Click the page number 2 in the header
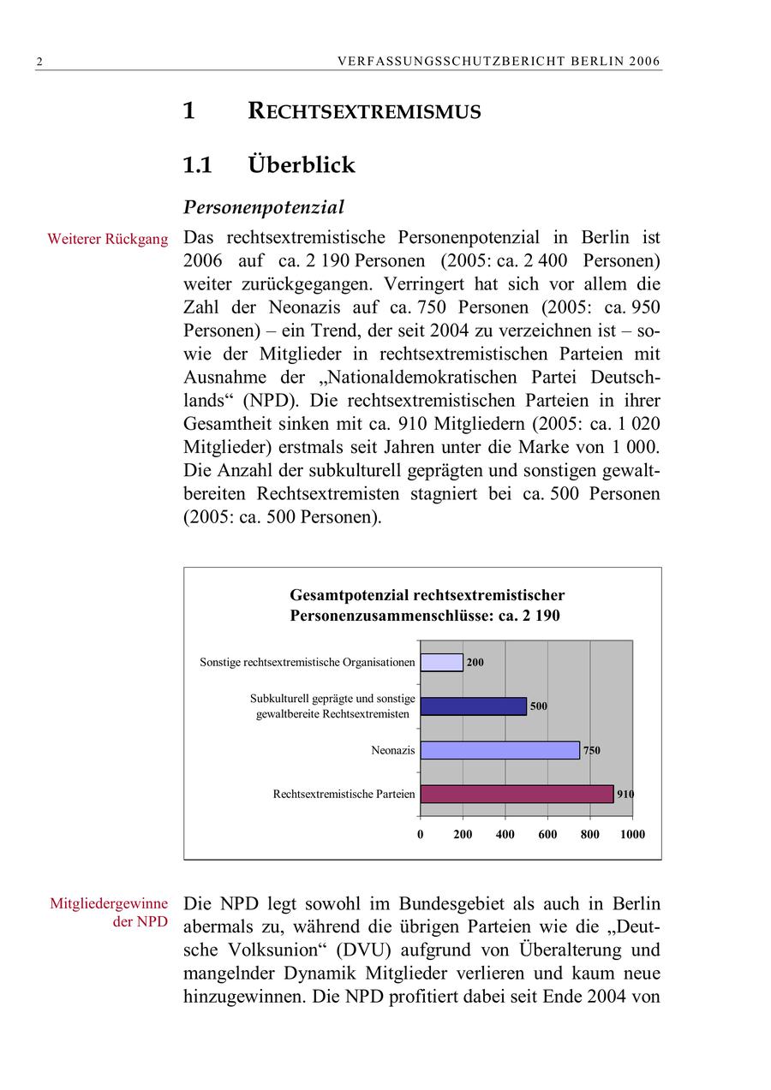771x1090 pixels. pyautogui.click(x=39, y=62)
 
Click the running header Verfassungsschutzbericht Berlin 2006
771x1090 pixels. pyautogui.click(x=499, y=62)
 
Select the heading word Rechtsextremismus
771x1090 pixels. pyautogui.click(x=364, y=111)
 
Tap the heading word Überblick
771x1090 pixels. pyautogui.click(x=302, y=164)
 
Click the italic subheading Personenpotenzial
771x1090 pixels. pyautogui.click(x=264, y=207)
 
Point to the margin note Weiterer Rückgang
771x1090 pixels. pyautogui.click(x=108, y=240)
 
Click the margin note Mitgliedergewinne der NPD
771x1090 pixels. pyautogui.click(x=108, y=913)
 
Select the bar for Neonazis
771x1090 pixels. pyautogui.click(x=499, y=750)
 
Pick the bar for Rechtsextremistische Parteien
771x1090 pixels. pyautogui.click(x=517, y=795)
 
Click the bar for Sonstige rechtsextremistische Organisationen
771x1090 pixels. pyautogui.click(x=441, y=663)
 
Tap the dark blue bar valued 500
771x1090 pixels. pyautogui.click(x=473, y=706)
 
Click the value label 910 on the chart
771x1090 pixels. pyautogui.click(x=625, y=795)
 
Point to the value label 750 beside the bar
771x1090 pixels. pyautogui.click(x=591, y=751)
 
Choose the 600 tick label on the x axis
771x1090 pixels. pyautogui.click(x=547, y=835)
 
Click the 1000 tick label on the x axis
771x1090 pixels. pyautogui.click(x=633, y=835)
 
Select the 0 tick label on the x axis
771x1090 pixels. pyautogui.click(x=421, y=835)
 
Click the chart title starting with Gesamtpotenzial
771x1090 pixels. pyautogui.click(x=427, y=605)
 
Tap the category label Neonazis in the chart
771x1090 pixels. pyautogui.click(x=392, y=751)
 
